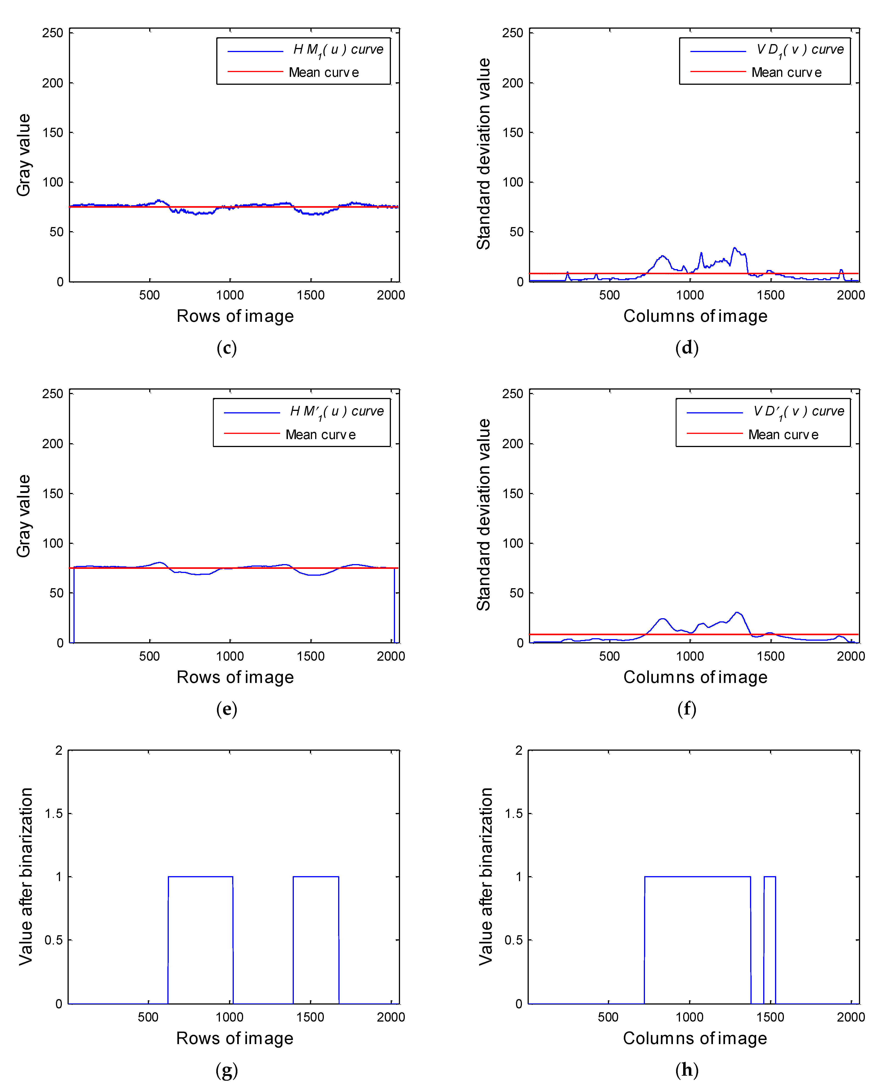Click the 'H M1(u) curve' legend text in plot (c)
coord(338,50)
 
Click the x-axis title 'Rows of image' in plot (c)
coord(235,316)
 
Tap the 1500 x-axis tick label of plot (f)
coord(770,656)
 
